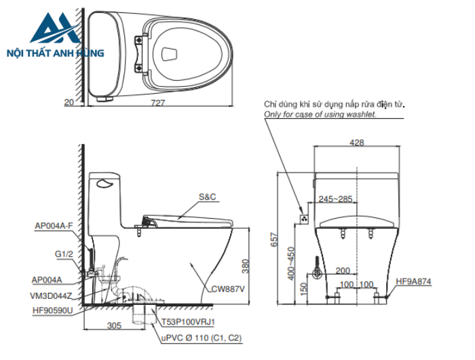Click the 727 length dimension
coord(158,103)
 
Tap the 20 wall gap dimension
coord(69,103)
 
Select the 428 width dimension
coord(356,143)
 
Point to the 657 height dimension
coord(274,240)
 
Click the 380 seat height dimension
coord(246,266)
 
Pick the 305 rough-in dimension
coord(114,325)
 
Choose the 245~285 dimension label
coord(335,199)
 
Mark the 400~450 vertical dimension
coord(291,264)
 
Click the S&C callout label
coord(207,197)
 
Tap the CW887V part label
coord(227,289)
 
